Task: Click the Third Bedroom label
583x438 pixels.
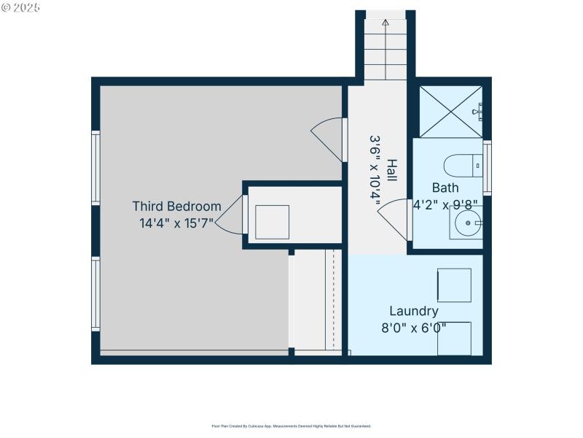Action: pos(176,207)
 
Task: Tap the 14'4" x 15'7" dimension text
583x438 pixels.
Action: pos(176,223)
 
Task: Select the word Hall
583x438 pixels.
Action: pos(392,171)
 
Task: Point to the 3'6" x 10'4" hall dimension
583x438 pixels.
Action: pos(376,171)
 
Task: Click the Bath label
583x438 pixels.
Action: pos(445,188)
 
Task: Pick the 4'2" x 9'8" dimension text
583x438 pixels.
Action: pos(447,205)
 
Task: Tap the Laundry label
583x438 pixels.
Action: pos(413,311)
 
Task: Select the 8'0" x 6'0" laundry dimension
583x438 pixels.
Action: pos(413,328)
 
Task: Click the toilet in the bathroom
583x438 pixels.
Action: pos(462,165)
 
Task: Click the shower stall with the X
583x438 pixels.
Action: pos(450,112)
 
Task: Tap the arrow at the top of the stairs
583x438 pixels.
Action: pos(386,23)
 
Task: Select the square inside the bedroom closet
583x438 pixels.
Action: pos(272,222)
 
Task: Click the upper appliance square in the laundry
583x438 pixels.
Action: pos(453,285)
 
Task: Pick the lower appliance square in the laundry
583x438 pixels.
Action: pos(453,338)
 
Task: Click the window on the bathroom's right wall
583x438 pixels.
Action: pos(488,167)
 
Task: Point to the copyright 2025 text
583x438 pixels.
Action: pos(21,7)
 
